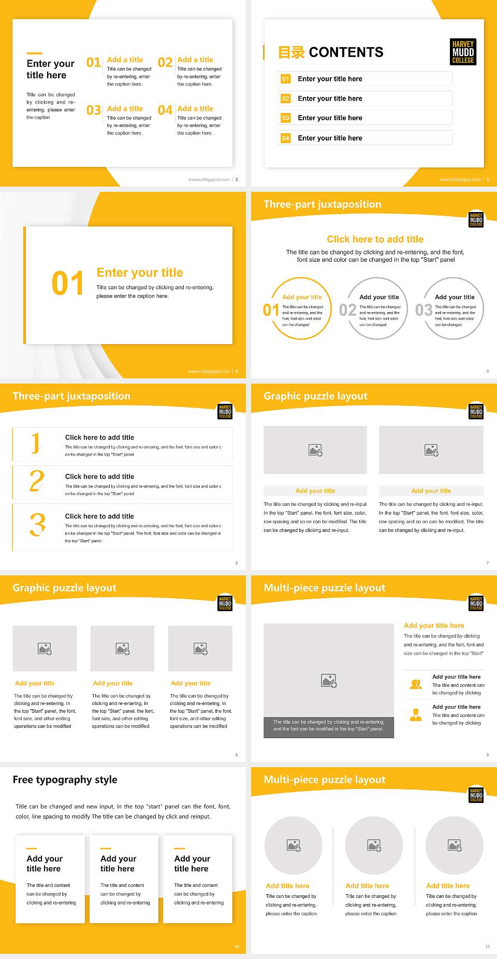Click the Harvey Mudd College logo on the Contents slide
point(463,52)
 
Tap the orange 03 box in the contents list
point(286,118)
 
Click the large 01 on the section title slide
point(67,284)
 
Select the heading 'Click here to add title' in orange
point(375,239)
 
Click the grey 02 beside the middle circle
point(347,310)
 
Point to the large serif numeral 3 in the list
point(37,525)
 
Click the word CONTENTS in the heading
point(346,52)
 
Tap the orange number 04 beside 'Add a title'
point(165,110)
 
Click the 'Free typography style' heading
point(65,780)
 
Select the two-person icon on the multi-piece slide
point(416,684)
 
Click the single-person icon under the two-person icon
point(416,715)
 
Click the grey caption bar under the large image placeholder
point(329,725)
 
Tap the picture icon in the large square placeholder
point(329,681)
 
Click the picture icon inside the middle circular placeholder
point(374,845)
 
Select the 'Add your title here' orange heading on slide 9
point(434,626)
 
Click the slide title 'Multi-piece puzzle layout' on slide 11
point(325,780)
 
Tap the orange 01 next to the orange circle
point(271,310)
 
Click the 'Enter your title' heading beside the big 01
point(140,273)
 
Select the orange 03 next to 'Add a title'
point(94,110)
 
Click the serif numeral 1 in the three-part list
point(35,443)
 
